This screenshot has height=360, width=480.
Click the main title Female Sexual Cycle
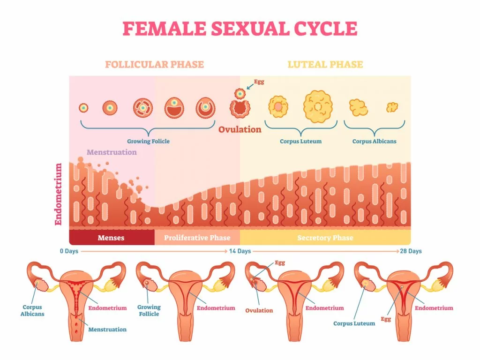pos(240,29)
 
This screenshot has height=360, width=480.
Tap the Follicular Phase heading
pos(154,65)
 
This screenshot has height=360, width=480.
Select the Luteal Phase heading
pos(325,65)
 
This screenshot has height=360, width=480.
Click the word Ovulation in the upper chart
pos(240,129)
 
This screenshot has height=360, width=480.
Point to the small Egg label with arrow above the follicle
pos(259,82)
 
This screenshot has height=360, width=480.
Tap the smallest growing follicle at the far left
pos(84,108)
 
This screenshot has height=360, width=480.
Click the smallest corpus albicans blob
pos(392,108)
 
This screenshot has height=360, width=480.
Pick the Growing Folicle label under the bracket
pos(148,141)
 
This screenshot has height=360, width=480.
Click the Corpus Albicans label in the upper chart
pos(374,141)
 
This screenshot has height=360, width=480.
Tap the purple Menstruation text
pos(112,152)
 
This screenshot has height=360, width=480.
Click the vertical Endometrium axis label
pos(59,194)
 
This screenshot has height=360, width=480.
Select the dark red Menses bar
pos(111,238)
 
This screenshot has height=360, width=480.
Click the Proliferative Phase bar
pos(197,238)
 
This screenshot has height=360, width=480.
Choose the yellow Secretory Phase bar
pos(325,238)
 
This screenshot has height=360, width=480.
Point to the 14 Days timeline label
pos(240,251)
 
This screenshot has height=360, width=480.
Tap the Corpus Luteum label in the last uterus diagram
pos(354,323)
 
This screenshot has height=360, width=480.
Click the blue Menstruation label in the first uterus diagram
pos(107,330)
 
